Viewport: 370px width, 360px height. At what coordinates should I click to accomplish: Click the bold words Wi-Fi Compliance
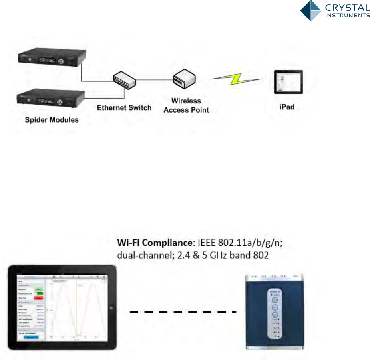click(x=140, y=243)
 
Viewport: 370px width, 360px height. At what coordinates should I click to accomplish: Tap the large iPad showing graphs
click(x=64, y=308)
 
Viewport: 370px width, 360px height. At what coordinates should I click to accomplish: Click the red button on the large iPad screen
click(x=39, y=298)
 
